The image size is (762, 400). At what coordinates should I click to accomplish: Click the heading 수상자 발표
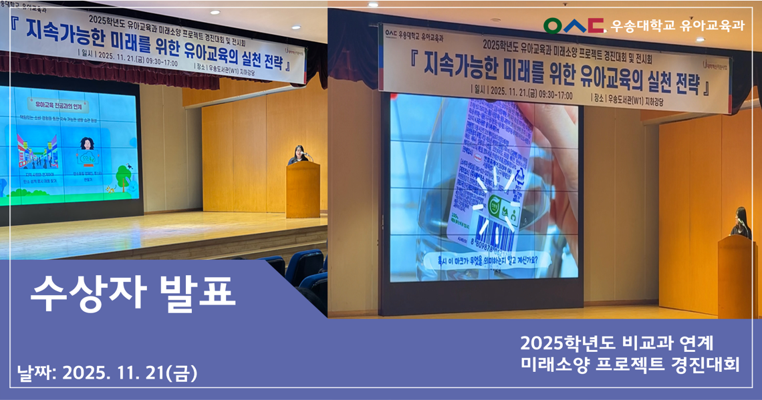point(133,290)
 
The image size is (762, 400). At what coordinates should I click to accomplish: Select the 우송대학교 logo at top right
point(574,25)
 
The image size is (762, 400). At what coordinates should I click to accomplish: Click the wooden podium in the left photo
point(302,190)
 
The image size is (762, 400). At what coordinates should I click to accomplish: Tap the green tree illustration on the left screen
point(123,177)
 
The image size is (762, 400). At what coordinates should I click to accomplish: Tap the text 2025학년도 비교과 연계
point(617,343)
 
